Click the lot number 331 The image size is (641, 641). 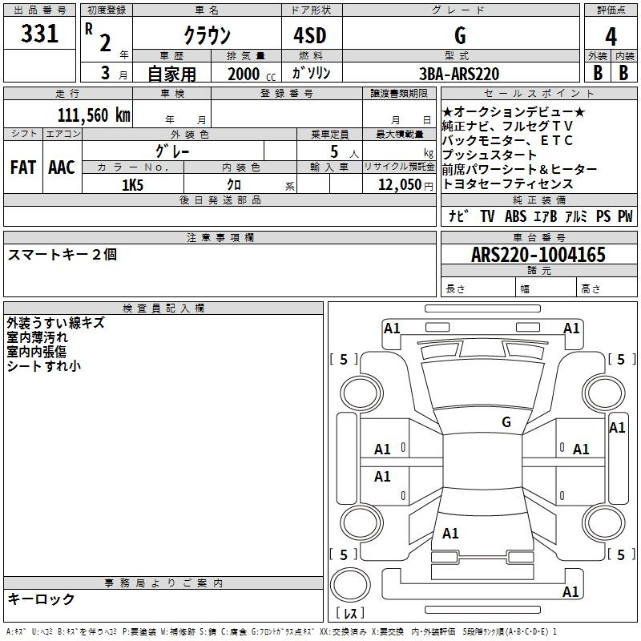click(x=39, y=34)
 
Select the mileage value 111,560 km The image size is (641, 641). click(x=94, y=115)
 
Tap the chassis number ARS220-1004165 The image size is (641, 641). click(x=538, y=255)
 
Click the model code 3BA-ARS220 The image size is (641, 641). click(x=459, y=74)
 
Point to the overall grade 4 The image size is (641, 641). click(x=611, y=37)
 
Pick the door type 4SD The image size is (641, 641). click(x=310, y=35)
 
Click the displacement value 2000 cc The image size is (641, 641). click(x=252, y=74)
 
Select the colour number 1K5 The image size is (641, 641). click(x=132, y=185)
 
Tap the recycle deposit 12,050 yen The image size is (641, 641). click(x=405, y=185)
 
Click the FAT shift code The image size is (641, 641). click(x=23, y=167)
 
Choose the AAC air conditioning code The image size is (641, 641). click(x=62, y=167)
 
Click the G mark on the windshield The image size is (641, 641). click(x=506, y=421)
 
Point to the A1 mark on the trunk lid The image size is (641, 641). click(x=450, y=533)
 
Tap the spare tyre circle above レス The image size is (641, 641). click(x=350, y=584)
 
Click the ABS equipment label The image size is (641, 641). click(x=515, y=216)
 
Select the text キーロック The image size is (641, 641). click(x=42, y=599)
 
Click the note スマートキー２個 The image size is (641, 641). click(x=62, y=254)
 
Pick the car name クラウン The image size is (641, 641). click(x=208, y=35)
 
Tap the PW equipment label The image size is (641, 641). click(x=625, y=216)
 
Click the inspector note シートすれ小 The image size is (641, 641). click(x=44, y=366)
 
